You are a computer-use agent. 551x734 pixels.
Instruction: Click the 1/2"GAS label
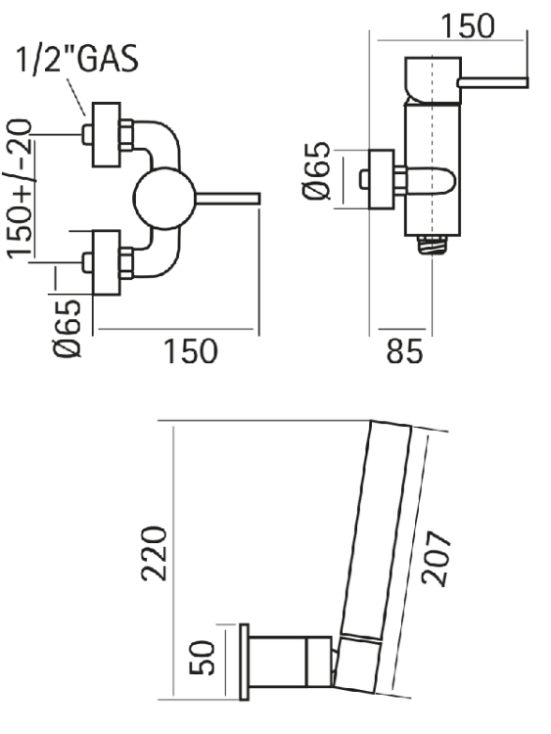(77, 59)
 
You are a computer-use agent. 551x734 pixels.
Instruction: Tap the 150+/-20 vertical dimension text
(20, 189)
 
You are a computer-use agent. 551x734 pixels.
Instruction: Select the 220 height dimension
(154, 554)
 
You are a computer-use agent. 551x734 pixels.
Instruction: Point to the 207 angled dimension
(436, 558)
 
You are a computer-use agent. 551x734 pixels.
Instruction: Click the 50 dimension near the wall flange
(202, 658)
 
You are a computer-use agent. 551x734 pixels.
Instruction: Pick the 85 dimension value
(404, 351)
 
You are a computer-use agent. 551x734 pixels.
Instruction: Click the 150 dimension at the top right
(468, 25)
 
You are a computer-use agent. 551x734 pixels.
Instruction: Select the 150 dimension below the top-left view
(190, 351)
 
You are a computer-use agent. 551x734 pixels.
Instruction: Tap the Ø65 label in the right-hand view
(316, 170)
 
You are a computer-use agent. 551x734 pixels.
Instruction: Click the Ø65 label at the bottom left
(67, 329)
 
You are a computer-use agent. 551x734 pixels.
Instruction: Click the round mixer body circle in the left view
(164, 199)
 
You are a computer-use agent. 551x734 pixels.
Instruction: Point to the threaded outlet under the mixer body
(432, 245)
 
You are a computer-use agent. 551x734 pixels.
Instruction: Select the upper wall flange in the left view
(107, 134)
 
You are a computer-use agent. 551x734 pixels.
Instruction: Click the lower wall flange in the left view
(107, 262)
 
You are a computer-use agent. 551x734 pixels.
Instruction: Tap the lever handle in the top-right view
(493, 83)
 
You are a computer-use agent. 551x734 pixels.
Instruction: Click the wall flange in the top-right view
(382, 179)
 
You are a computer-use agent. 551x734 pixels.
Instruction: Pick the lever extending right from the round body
(227, 199)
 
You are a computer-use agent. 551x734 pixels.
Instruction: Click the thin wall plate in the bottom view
(244, 662)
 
